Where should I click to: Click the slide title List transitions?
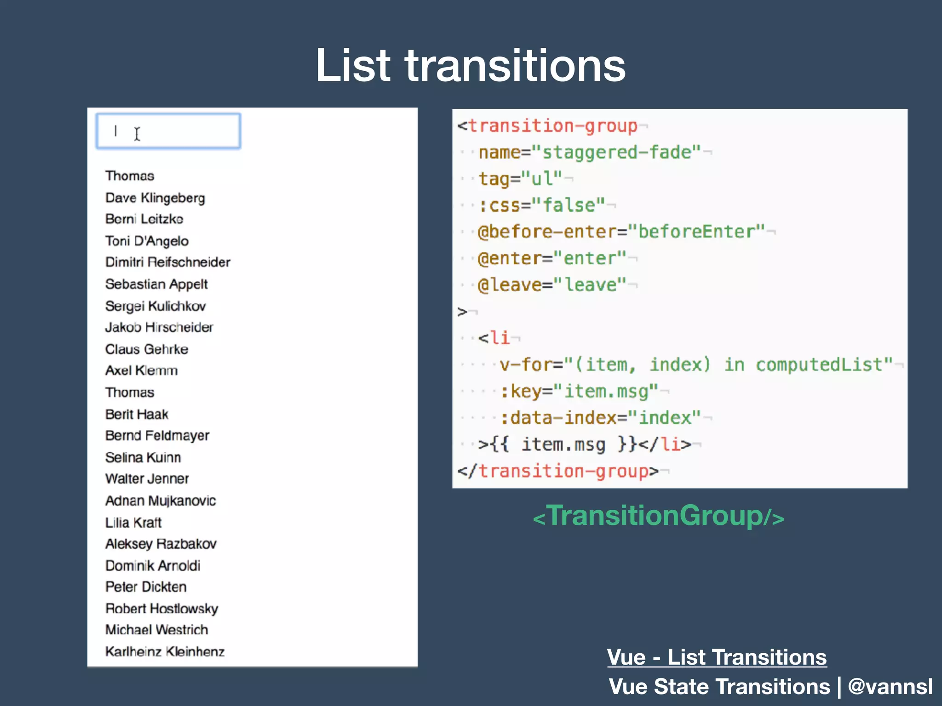470,65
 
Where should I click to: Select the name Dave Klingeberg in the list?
155,198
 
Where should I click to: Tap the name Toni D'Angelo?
147,241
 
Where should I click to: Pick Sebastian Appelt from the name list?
156,284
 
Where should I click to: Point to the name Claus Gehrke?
146,349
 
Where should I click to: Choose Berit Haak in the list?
137,414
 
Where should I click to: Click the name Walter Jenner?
147,479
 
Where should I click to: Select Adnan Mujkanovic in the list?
161,501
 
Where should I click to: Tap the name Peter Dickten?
146,587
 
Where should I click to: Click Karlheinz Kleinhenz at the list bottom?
165,652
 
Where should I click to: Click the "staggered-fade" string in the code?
616,152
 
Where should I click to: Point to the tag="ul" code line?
520,179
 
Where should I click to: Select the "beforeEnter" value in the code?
696,232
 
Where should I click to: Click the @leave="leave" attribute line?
552,285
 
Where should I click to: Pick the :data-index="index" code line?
601,418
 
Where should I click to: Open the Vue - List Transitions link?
717,657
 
